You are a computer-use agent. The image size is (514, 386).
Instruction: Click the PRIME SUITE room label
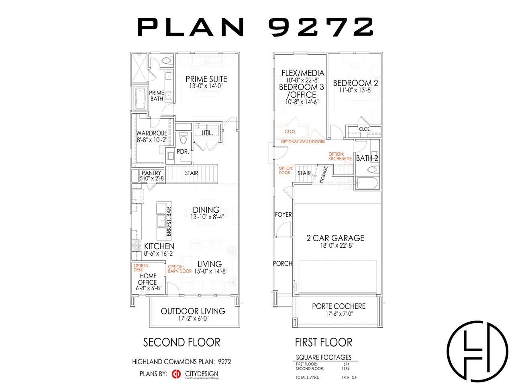pos(206,79)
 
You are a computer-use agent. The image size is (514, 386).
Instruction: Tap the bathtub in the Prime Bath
pos(140,98)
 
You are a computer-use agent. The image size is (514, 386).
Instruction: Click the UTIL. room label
pos(207,133)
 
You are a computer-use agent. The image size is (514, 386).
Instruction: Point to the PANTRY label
pos(151,173)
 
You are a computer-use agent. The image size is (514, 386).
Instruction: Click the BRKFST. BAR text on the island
pos(169,221)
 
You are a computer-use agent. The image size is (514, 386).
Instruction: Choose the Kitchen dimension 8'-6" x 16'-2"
pos(159,253)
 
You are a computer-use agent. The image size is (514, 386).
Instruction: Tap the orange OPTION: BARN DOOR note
pos(179,269)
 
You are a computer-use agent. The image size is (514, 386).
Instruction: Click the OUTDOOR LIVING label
pos(193,311)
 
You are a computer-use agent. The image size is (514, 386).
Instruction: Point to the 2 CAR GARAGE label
pos(335,238)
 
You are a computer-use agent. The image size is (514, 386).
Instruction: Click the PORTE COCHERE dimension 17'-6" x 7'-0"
pos(339,314)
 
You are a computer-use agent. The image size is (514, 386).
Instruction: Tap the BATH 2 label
pos(367,158)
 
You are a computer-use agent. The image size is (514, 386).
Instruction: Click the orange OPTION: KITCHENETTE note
pos(340,156)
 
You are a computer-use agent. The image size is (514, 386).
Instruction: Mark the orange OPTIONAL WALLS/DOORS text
pos(303,142)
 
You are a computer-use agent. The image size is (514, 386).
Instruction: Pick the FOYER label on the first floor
pos(284,214)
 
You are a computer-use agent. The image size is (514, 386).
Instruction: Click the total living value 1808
pos(345,378)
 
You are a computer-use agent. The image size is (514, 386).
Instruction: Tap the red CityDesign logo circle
pos(176,374)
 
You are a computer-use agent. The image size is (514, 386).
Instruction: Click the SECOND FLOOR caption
pos(182,343)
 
